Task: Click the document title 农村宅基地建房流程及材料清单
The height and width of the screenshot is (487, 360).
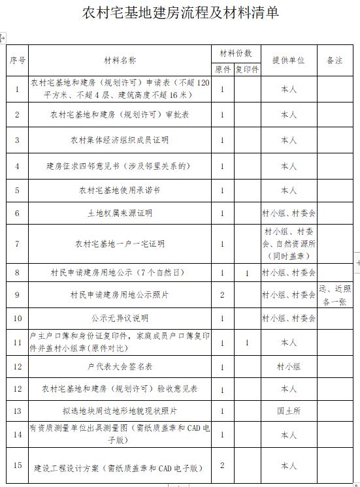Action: coord(180,12)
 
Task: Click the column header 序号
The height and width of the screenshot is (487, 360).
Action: coord(18,60)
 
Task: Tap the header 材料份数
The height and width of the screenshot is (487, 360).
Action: coord(235,53)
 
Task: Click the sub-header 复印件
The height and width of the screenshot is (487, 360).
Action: coord(248,69)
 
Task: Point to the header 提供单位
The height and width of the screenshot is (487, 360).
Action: coord(289,60)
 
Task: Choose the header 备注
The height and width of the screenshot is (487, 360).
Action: coord(335,60)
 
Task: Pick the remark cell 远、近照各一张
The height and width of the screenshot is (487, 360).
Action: coord(335,295)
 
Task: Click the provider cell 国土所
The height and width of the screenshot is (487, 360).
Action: coord(289,411)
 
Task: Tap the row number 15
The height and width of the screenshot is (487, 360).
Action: coord(18,465)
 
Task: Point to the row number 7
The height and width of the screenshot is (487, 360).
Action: coord(18,243)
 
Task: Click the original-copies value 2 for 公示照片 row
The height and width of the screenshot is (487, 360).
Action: coord(223,295)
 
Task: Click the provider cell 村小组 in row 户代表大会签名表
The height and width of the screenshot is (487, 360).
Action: coord(289,367)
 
